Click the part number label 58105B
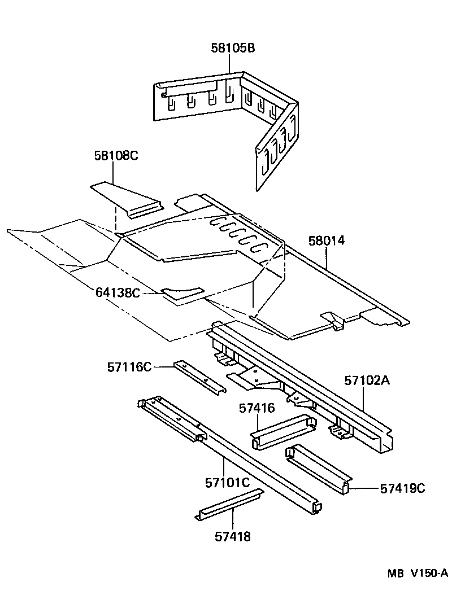click(x=233, y=48)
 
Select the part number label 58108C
click(x=116, y=155)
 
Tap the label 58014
click(x=327, y=241)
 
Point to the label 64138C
click(x=118, y=292)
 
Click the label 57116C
click(x=129, y=367)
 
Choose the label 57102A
click(x=367, y=380)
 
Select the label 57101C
click(x=227, y=483)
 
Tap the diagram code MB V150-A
click(x=417, y=573)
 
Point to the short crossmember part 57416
click(x=282, y=431)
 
